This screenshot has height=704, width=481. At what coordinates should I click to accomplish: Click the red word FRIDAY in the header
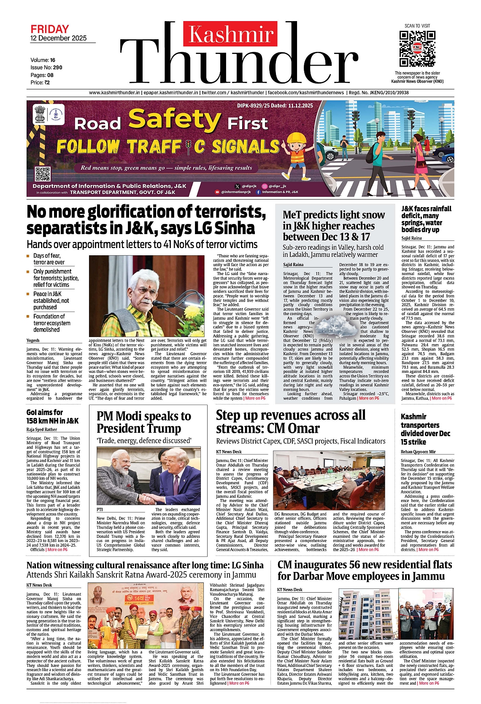point(49,29)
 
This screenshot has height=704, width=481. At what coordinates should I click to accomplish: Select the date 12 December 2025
point(58,38)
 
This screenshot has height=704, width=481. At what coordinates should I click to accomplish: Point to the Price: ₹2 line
point(40,82)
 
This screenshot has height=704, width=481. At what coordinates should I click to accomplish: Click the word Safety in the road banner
point(175,120)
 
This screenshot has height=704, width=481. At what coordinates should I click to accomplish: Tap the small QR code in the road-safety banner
point(43,174)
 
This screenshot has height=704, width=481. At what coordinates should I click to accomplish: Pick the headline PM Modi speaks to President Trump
point(144,422)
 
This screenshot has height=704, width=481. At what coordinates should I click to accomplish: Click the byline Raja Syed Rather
point(42,429)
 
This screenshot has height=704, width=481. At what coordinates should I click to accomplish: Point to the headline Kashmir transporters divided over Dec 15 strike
point(425,429)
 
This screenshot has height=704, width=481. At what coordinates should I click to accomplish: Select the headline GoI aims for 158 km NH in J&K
point(52,416)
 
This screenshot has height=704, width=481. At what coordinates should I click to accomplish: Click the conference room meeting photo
point(330,480)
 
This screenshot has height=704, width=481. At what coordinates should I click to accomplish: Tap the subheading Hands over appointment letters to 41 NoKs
point(142,245)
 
